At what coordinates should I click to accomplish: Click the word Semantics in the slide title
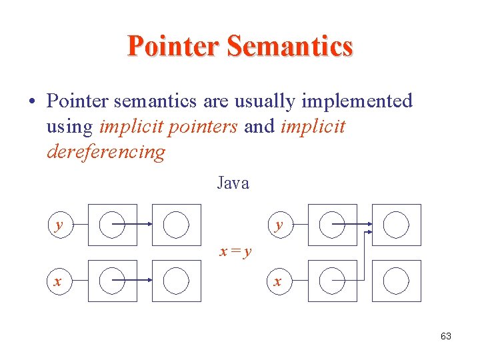[x=289, y=47]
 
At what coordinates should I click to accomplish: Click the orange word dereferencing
[x=106, y=152]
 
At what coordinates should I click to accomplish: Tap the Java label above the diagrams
[x=233, y=183]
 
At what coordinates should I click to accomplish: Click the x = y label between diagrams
[x=237, y=252]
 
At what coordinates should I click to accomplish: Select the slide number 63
[x=446, y=336]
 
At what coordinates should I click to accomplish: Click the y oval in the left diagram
[x=59, y=225]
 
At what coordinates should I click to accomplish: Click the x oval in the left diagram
[x=58, y=281]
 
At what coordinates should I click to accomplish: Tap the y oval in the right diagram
[x=279, y=225]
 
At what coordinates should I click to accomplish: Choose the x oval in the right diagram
[x=278, y=281]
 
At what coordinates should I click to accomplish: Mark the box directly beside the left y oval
[x=112, y=225]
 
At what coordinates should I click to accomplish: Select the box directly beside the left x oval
[x=112, y=281]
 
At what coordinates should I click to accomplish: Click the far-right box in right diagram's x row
[x=397, y=281]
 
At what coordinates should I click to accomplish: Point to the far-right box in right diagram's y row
[x=397, y=225]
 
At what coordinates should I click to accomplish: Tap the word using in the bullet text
[x=71, y=127]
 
